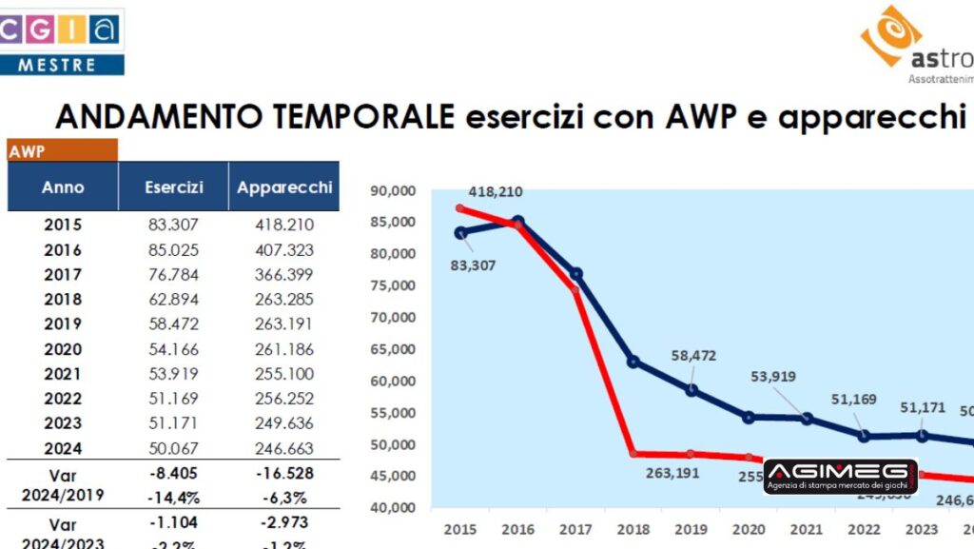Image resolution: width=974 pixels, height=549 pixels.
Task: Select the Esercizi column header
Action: (174, 187)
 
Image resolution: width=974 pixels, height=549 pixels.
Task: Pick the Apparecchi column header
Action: (284, 187)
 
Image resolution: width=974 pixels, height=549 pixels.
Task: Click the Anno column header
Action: (63, 187)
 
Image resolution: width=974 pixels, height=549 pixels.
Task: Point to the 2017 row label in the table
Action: (63, 275)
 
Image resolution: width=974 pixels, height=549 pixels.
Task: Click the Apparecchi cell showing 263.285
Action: (284, 300)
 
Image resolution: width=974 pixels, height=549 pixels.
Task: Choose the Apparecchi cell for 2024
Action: (284, 448)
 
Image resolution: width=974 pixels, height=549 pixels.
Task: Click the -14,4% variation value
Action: (174, 496)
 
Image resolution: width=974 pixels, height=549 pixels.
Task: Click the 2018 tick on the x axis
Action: (633, 530)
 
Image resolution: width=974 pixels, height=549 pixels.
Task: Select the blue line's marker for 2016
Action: (517, 222)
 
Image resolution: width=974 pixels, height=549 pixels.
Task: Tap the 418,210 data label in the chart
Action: (496, 192)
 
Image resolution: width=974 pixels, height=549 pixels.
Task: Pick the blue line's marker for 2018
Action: (633, 362)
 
